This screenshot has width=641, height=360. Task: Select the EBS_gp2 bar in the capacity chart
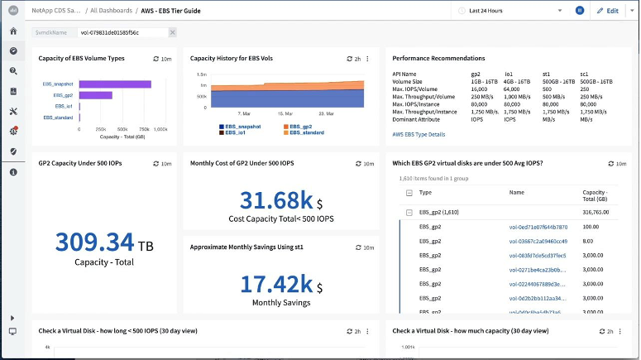tap(95, 95)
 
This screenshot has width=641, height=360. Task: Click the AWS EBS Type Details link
tap(419, 134)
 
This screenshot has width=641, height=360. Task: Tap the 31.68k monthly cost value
tap(273, 200)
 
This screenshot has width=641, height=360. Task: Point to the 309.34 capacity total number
tap(94, 242)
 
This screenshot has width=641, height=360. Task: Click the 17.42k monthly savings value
tap(273, 284)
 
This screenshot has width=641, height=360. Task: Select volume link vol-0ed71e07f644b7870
tap(538, 227)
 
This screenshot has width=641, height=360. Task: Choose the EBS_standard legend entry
tap(307, 132)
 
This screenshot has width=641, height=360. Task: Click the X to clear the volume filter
tap(172, 32)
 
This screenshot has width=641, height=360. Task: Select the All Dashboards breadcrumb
tap(112, 11)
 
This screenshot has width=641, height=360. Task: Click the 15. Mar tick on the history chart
tap(285, 113)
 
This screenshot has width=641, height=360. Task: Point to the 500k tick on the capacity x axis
tap(122, 130)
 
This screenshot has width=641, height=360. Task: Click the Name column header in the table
tap(517, 192)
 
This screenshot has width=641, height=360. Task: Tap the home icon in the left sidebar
tap(13, 31)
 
